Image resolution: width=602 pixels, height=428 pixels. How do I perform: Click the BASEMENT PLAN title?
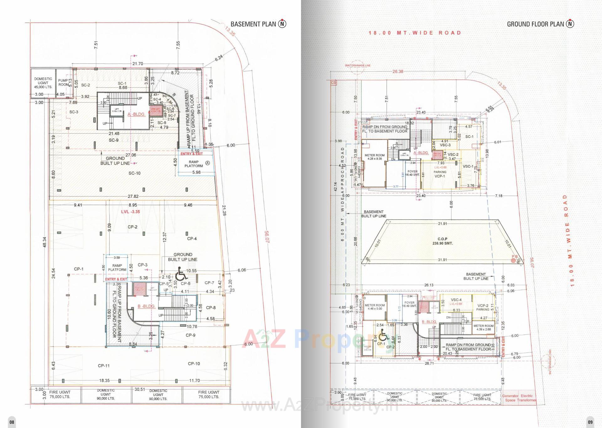point(253,24)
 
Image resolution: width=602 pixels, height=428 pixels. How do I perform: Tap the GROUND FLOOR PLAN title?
point(535,24)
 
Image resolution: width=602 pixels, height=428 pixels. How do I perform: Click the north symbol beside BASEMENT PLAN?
point(282,24)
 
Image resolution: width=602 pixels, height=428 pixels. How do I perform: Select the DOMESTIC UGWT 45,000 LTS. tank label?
point(43,83)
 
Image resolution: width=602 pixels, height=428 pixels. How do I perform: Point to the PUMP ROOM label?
point(64,82)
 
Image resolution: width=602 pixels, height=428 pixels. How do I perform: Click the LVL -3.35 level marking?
point(130,212)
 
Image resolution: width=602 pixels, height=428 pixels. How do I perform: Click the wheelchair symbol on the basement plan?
point(181,274)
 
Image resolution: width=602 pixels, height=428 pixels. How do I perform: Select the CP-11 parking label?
point(103,366)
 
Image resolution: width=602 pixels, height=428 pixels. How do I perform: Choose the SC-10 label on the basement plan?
point(134,173)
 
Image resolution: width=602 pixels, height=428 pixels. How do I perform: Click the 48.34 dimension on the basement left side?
point(45,242)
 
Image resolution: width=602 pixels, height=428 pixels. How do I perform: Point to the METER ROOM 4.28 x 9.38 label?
point(374,157)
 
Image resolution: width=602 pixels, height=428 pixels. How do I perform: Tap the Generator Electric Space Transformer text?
point(519,398)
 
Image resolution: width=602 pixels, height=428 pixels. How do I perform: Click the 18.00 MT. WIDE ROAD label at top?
point(415,33)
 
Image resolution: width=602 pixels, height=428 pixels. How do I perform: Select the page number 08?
point(11,422)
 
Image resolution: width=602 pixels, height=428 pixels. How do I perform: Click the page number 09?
point(590,422)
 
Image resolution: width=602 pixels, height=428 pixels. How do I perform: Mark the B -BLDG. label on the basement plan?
point(146,306)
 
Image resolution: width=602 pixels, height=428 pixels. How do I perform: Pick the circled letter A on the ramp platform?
point(208,163)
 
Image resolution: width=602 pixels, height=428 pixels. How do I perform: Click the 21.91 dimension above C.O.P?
point(442,224)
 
